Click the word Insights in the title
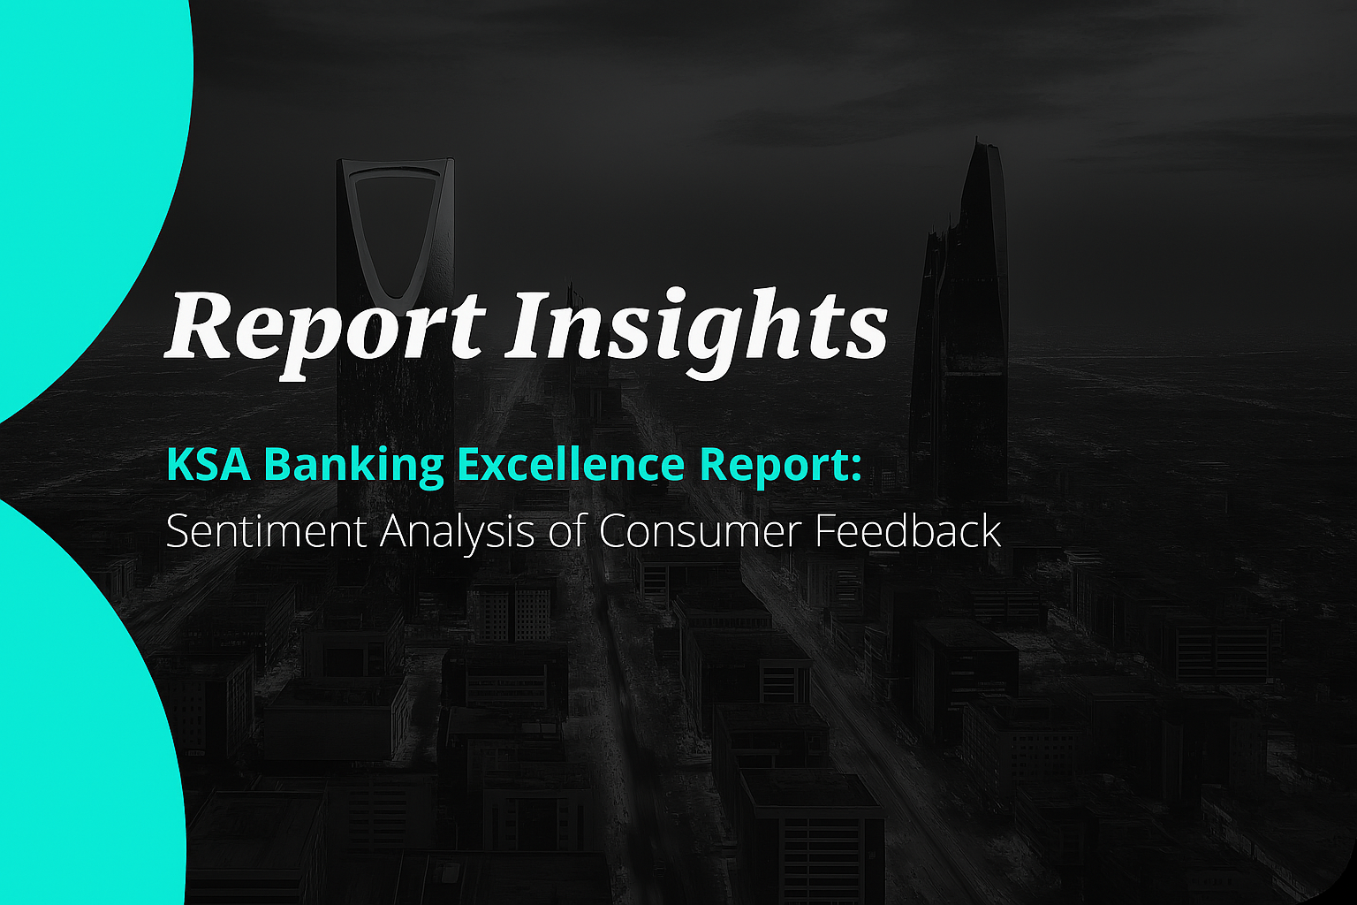pos(697,327)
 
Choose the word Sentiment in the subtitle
pos(266,531)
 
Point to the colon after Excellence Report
pos(856,470)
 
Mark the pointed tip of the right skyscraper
pos(976,140)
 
